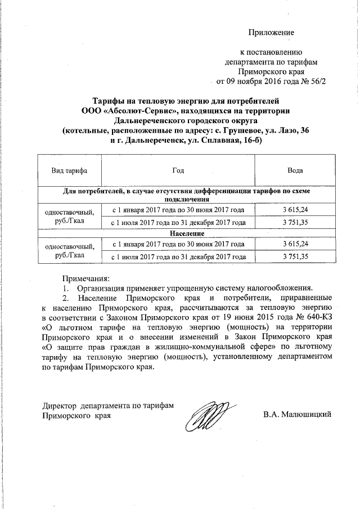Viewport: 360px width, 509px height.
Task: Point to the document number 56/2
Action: click(316, 81)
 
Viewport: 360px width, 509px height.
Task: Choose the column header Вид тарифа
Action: click(65, 169)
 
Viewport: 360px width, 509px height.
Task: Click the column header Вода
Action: click(296, 169)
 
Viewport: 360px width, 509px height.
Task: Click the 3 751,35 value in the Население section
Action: click(296, 256)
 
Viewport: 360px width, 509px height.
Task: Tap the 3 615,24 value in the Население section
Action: click(296, 244)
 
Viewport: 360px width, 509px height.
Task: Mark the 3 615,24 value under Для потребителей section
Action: click(296, 210)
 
